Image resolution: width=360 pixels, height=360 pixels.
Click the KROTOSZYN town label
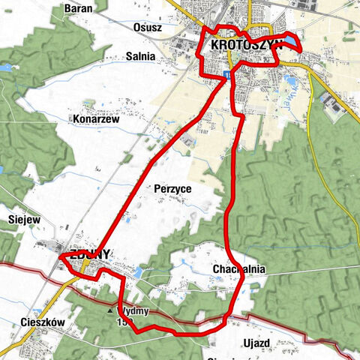tap(245, 44)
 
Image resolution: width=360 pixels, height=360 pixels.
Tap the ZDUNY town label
tap(90, 254)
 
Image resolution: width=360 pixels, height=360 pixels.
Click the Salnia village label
tap(141, 56)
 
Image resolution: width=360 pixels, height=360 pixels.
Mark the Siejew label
tap(23, 220)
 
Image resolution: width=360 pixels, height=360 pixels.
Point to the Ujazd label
tap(256, 342)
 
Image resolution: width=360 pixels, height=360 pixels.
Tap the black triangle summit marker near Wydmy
tap(111, 310)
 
